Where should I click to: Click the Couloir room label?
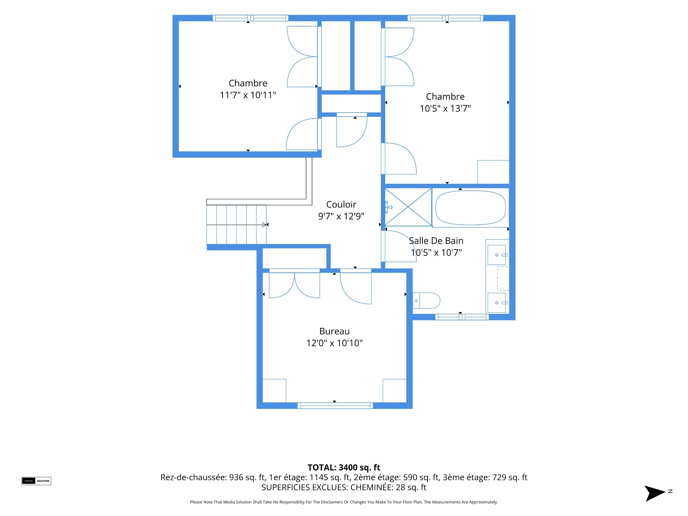341,204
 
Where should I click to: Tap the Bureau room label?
334,331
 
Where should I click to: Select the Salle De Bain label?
436,241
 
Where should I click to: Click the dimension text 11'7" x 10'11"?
248,95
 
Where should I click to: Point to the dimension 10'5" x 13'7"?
445,108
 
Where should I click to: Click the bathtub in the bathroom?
470,208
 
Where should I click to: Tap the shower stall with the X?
408,207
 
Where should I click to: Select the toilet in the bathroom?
426,301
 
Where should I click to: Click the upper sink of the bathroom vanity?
497,255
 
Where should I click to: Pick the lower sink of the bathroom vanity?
497,303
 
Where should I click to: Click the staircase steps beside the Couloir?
236,225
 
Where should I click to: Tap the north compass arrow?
655,493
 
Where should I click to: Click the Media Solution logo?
36,481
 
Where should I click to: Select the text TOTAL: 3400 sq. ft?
344,467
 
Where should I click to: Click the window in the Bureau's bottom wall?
335,406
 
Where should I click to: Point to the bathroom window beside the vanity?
462,317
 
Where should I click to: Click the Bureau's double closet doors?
294,285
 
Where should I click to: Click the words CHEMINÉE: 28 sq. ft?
388,487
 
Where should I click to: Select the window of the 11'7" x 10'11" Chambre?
250,18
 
